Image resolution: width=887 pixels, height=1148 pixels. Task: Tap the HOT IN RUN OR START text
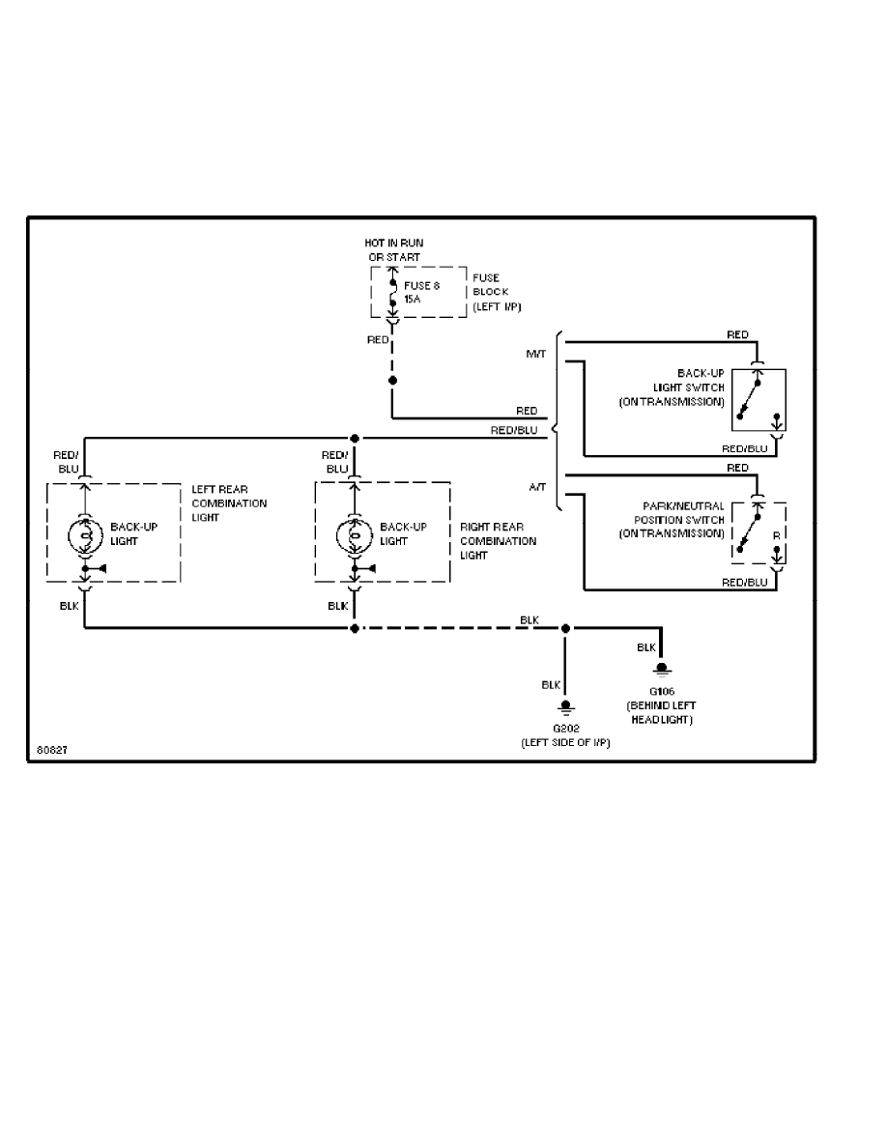pyautogui.click(x=394, y=249)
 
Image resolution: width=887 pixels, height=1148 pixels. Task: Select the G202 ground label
pyautogui.click(x=566, y=733)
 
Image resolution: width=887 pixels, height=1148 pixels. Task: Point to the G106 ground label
pyautogui.click(x=662, y=705)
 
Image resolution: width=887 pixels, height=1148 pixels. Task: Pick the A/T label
pyautogui.click(x=537, y=488)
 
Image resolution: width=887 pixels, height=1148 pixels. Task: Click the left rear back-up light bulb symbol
pyautogui.click(x=84, y=534)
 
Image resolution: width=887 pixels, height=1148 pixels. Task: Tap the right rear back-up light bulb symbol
pyautogui.click(x=354, y=534)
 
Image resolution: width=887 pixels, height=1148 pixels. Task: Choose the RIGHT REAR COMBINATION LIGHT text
pyautogui.click(x=498, y=541)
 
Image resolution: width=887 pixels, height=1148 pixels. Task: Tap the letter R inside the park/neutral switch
pyautogui.click(x=775, y=532)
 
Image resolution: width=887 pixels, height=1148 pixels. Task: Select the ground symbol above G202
pyautogui.click(x=566, y=705)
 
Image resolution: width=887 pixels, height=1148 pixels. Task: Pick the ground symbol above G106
pyautogui.click(x=662, y=669)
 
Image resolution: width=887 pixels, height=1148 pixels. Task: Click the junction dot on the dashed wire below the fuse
pyautogui.click(x=392, y=381)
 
